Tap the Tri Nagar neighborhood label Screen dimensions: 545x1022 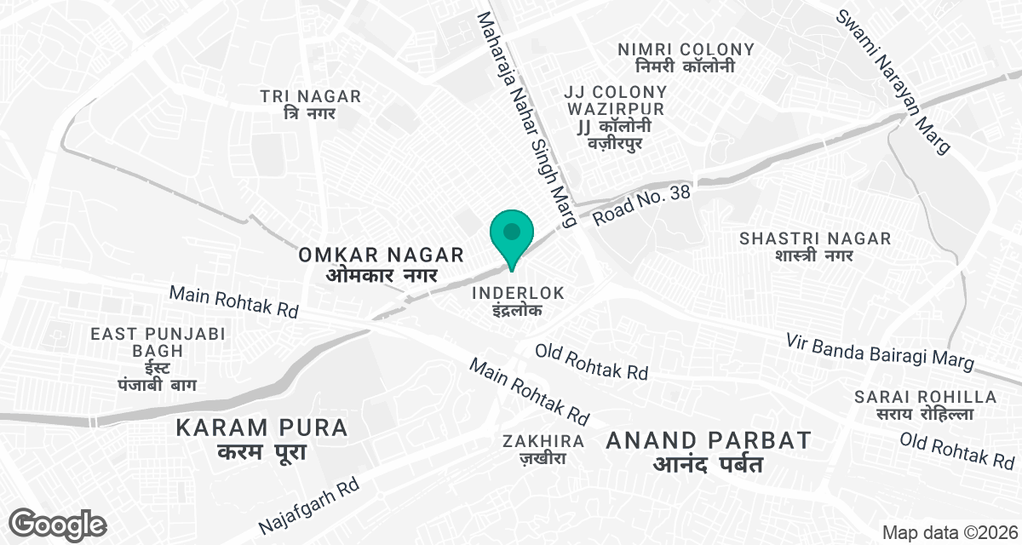(311, 105)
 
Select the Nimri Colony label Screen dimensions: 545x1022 (686, 57)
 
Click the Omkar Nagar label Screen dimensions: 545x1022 (381, 263)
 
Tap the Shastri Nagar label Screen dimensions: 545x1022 (815, 246)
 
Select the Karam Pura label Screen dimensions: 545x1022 (262, 438)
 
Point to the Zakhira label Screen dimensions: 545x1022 (543, 449)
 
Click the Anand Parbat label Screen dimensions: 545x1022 (708, 451)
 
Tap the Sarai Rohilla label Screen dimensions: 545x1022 (925, 405)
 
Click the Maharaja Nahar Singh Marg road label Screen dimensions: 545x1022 (526, 120)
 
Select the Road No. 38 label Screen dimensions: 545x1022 (640, 204)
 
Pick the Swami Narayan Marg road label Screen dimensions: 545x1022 (892, 82)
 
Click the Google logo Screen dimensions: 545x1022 (59, 523)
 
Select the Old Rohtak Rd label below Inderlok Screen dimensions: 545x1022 (591, 361)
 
